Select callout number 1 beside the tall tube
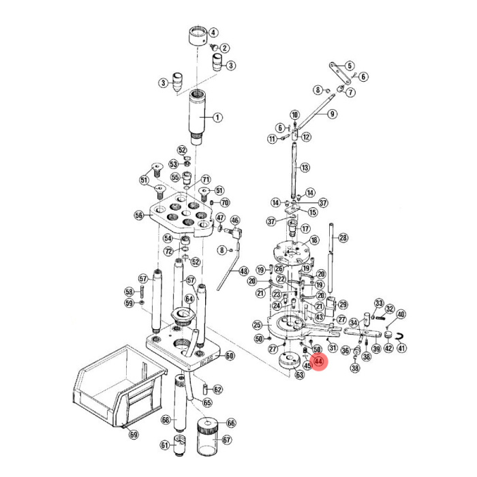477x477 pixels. (218, 117)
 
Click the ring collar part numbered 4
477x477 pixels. (198, 35)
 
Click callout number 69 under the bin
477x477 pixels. (134, 435)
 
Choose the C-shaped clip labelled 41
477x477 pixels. (399, 335)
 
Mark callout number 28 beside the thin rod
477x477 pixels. (343, 237)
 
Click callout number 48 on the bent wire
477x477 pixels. (244, 271)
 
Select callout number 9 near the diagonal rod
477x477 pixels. (332, 114)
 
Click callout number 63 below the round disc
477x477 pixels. (298, 375)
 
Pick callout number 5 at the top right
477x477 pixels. (350, 66)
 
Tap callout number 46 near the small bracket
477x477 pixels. (235, 221)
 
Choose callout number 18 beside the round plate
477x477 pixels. (314, 241)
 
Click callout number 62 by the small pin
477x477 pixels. (217, 390)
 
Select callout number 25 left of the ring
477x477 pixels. (257, 325)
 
